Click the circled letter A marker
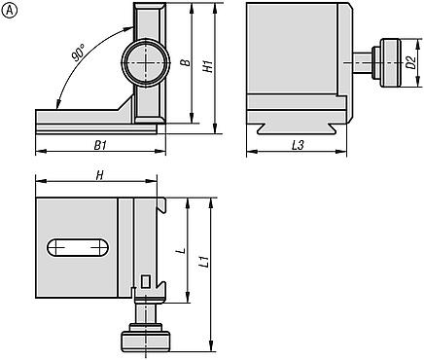click(x=9, y=9)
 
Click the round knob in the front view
click(x=143, y=63)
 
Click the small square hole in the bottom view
click(x=146, y=282)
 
